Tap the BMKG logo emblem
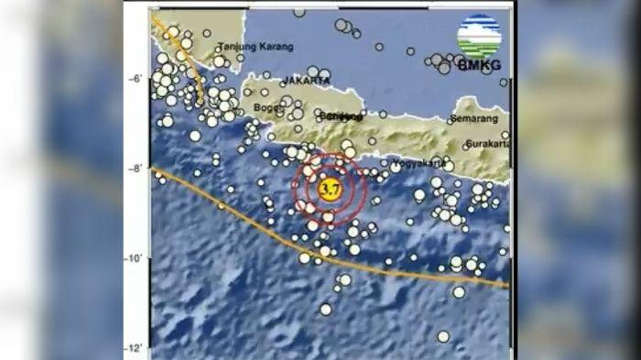(x=479, y=37)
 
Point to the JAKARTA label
(x=306, y=80)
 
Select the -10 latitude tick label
(x=134, y=258)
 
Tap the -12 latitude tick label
(x=134, y=348)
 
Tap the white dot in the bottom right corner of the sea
(x=443, y=336)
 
